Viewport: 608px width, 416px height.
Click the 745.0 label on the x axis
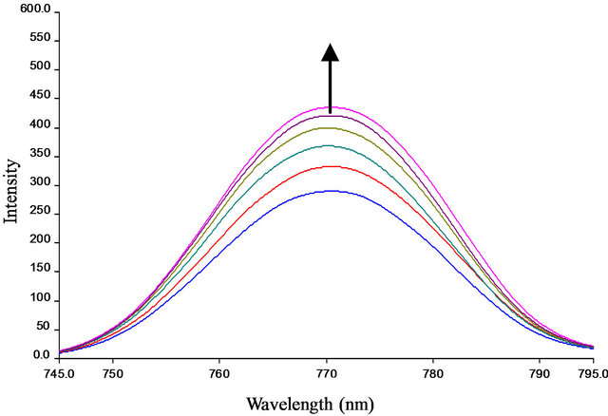(60, 373)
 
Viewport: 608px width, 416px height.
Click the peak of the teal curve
(330, 145)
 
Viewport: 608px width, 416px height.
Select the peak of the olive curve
(329, 127)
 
